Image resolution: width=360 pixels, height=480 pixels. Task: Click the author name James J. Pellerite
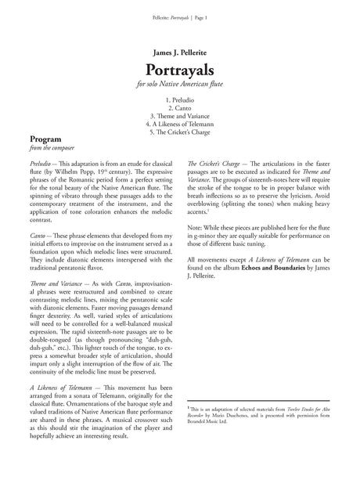(x=179, y=45)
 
